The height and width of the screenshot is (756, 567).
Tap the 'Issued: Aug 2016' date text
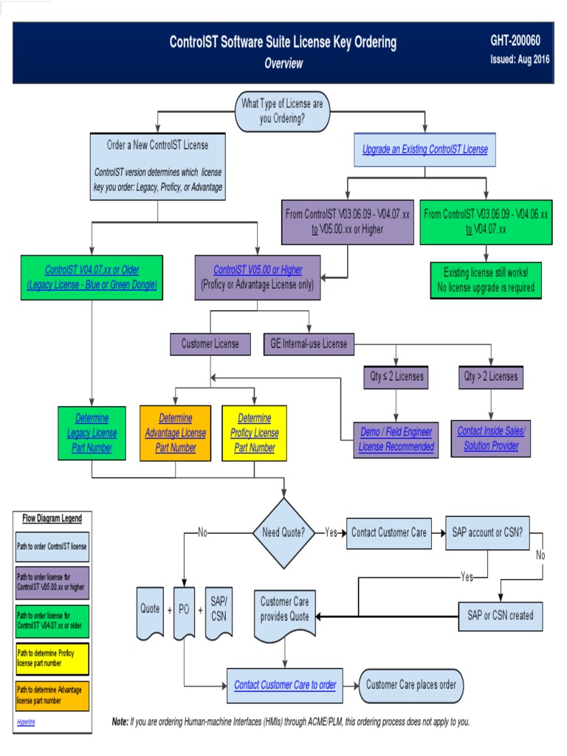pos(520,60)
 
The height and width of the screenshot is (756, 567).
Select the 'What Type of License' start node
pos(283,111)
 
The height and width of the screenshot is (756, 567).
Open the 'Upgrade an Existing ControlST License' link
pos(425,149)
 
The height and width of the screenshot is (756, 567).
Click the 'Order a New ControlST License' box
pos(157,167)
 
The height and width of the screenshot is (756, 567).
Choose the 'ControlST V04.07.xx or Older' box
pos(92,277)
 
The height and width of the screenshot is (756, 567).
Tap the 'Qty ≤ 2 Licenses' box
pos(397,377)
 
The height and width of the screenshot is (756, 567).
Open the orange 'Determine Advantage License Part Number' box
pos(175,433)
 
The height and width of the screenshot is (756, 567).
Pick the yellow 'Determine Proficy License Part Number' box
pos(254,433)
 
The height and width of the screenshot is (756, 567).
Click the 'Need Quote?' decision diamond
pos(283,532)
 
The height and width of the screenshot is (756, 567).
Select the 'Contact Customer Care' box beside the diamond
pos(389,532)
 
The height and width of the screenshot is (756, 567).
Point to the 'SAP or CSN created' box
pos(500,615)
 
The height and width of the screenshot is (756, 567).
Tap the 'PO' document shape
pos(184,611)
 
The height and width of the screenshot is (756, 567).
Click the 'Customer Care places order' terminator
pos(410,684)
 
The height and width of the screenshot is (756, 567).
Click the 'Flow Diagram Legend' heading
pos(52,518)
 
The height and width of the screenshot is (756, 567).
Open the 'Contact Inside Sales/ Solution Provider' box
pos(491,439)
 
